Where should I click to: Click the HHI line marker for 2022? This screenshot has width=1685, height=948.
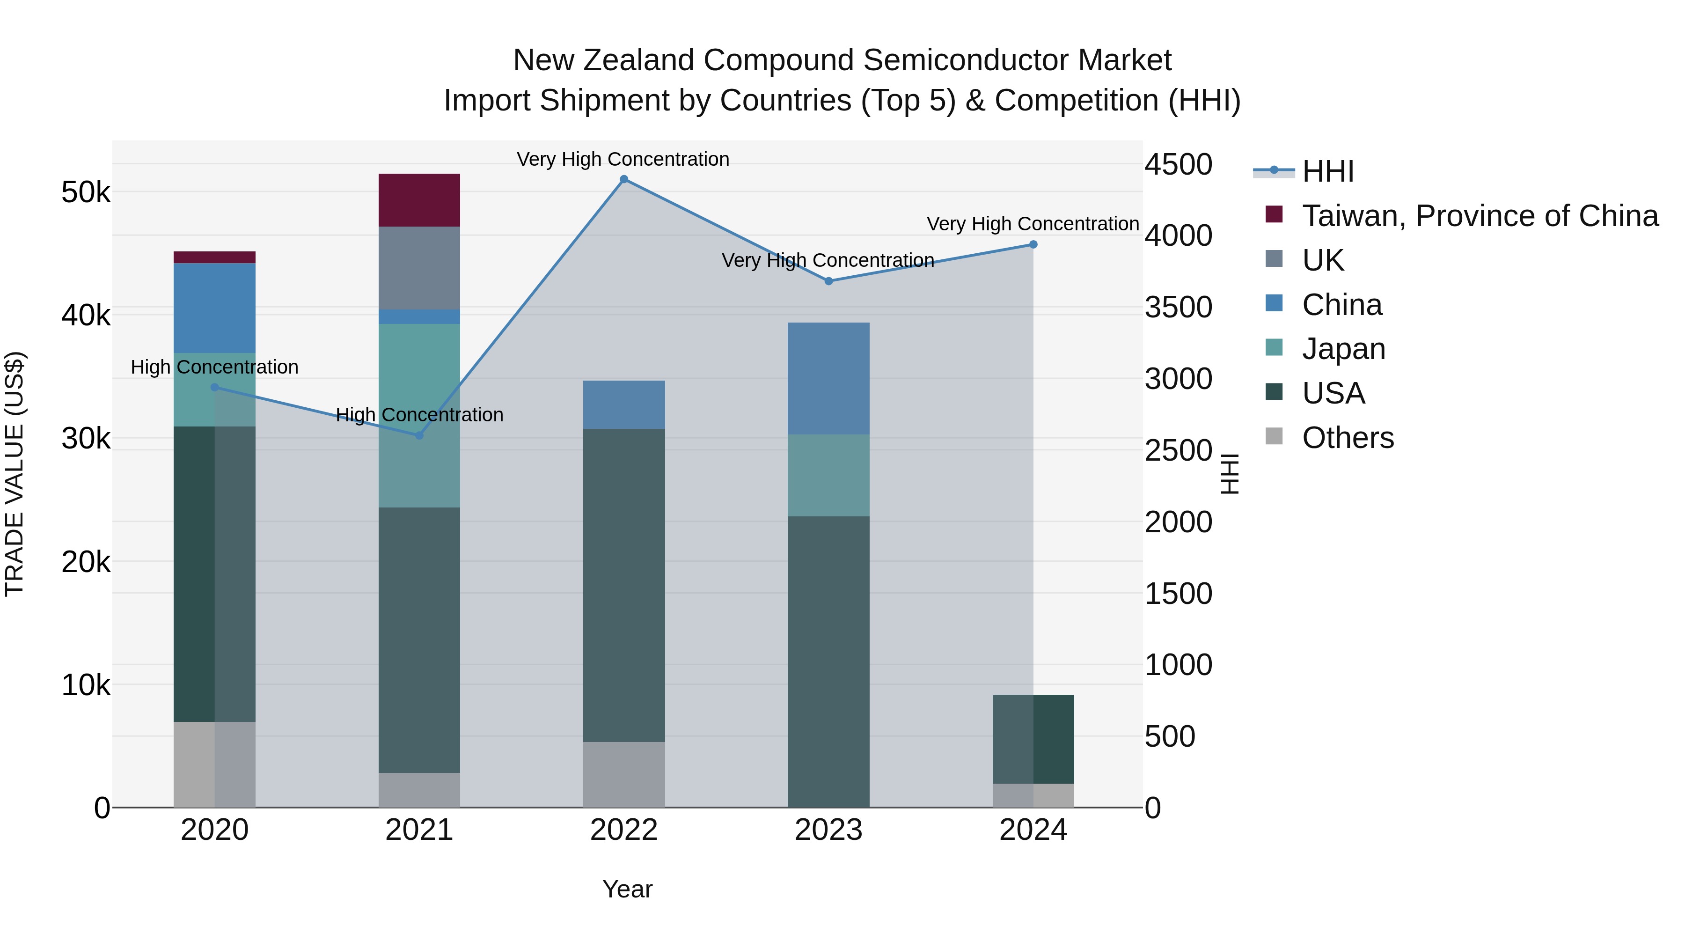pyautogui.click(x=623, y=179)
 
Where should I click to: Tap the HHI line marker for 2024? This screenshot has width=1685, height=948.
pyautogui.click(x=1033, y=245)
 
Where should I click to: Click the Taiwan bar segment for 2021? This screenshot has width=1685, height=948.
pyautogui.click(x=419, y=200)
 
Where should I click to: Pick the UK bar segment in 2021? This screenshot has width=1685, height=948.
pyautogui.click(x=419, y=268)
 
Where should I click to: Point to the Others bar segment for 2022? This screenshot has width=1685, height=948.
pyautogui.click(x=623, y=775)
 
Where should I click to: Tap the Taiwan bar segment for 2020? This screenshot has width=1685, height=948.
pyautogui.click(x=214, y=257)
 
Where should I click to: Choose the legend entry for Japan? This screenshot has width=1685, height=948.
pyautogui.click(x=1343, y=349)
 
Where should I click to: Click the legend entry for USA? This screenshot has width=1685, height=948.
pyautogui.click(x=1333, y=393)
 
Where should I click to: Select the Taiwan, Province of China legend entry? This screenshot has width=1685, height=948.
pyautogui.click(x=1480, y=216)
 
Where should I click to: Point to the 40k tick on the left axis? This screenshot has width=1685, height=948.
pyautogui.click(x=86, y=316)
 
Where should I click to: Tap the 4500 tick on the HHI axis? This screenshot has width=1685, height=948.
pyautogui.click(x=1178, y=164)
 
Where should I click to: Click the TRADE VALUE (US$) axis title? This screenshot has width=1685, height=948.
pyautogui.click(x=15, y=474)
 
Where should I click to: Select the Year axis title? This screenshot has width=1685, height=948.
pyautogui.click(x=627, y=889)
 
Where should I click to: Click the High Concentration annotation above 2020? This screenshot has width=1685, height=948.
pyautogui.click(x=214, y=367)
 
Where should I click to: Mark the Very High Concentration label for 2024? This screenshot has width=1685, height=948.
pyautogui.click(x=1033, y=224)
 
